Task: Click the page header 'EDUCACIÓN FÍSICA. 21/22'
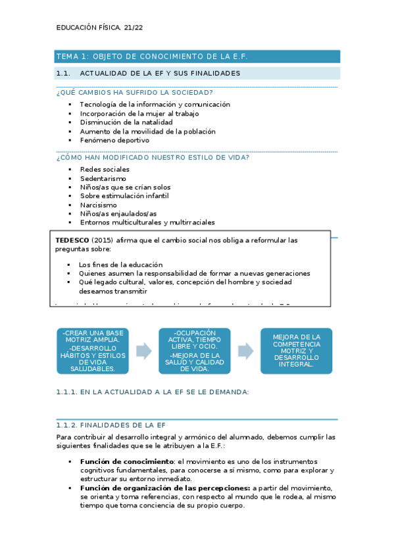coord(99,28)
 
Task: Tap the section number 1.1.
coord(64,73)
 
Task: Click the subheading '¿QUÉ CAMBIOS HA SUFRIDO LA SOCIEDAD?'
coord(134,92)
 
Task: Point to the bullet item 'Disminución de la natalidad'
coord(126,122)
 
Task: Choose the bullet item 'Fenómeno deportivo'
coord(114,140)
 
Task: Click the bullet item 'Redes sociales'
coord(105,170)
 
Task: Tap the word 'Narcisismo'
coord(99,205)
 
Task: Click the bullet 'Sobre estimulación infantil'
coord(124,196)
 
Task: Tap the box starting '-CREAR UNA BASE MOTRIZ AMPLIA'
coord(92,351)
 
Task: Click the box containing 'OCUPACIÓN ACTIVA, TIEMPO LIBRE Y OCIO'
coord(194,351)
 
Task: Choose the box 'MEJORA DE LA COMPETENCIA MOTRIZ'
coord(296,351)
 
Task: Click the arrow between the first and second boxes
coord(143,351)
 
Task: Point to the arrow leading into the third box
coord(245,351)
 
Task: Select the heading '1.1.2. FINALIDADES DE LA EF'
coord(111,425)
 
